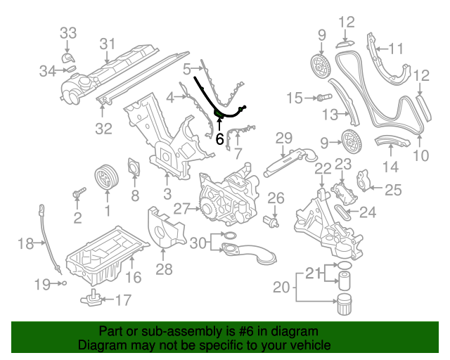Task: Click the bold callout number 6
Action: tap(220, 139)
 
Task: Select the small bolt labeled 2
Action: tap(79, 191)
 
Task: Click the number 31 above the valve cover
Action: tap(106, 44)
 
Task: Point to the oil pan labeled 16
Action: tap(105, 250)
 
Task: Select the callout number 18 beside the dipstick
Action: tap(25, 244)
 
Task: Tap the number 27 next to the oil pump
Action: tap(182, 208)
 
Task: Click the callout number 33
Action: tap(67, 32)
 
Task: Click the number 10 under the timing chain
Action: tap(420, 155)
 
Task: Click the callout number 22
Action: tap(322, 168)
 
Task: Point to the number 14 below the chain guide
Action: tap(390, 167)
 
